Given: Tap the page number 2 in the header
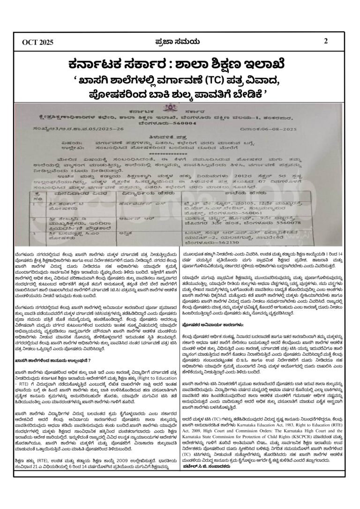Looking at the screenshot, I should (x=326, y=41).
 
